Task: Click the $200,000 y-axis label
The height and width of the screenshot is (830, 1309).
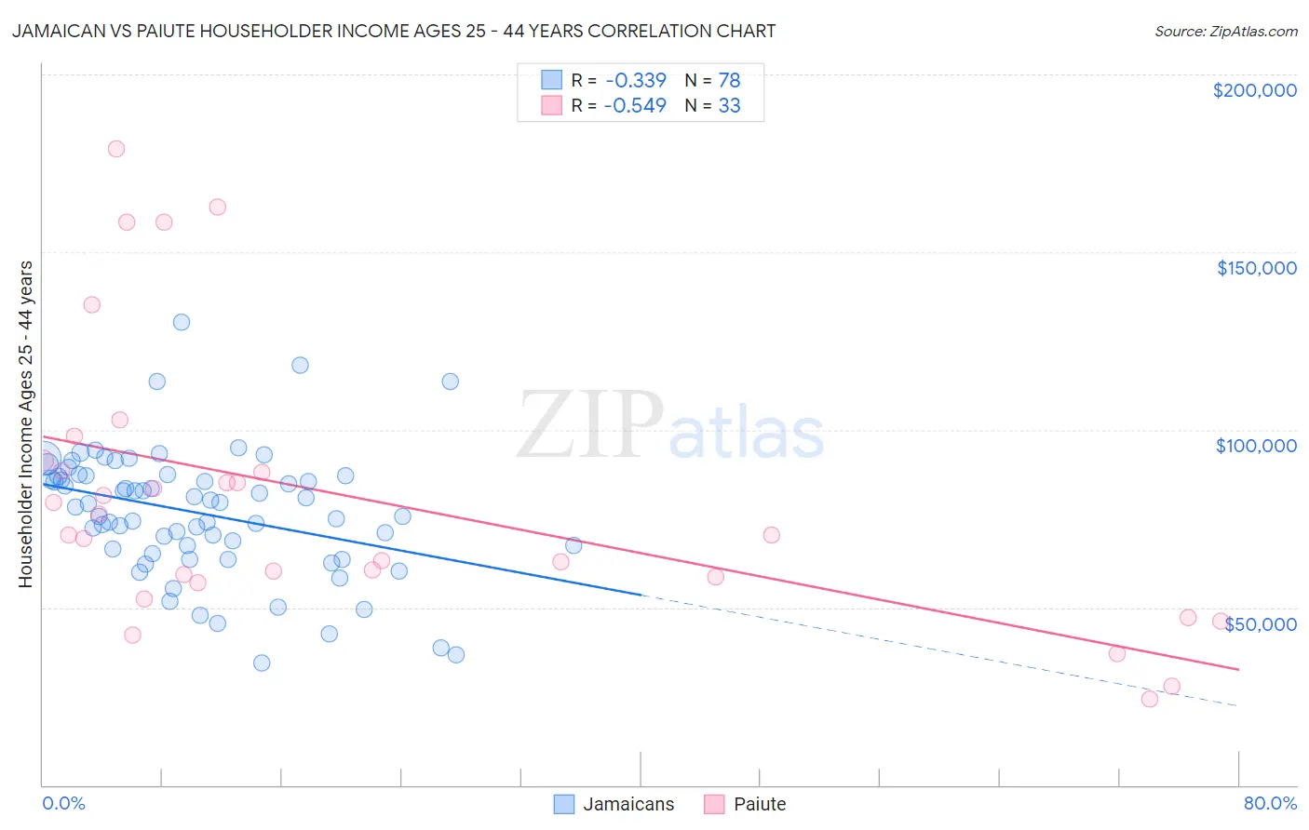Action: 1254,90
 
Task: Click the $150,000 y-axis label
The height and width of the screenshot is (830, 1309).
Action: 1256,268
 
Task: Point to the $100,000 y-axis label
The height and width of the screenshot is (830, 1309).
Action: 1256,446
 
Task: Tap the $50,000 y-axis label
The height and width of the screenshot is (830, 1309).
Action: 1260,624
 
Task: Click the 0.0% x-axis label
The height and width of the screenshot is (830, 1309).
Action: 63,803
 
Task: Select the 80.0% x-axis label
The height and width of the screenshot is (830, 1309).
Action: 1270,803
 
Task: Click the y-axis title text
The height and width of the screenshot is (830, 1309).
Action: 26,424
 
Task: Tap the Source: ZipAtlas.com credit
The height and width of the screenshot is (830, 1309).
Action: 1225,32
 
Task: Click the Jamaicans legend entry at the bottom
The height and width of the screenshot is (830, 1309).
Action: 614,804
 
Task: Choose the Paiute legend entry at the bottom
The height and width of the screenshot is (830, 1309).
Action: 746,804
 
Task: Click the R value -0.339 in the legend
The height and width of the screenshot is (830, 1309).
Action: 635,80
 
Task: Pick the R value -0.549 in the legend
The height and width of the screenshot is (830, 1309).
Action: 635,105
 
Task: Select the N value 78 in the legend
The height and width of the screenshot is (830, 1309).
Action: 729,80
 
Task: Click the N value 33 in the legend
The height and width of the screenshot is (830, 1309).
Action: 729,105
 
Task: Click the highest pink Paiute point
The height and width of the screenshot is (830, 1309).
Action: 116,149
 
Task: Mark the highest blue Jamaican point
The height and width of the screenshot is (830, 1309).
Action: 182,322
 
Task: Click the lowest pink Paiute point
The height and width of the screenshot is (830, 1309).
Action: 1150,699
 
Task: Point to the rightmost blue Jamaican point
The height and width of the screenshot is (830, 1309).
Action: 574,545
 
